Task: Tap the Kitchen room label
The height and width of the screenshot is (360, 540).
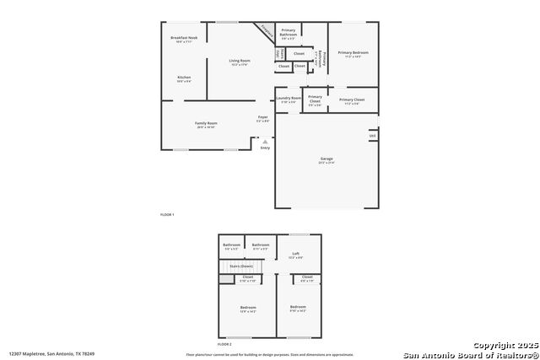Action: [x=184, y=78]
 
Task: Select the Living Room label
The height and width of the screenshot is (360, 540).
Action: [x=240, y=61]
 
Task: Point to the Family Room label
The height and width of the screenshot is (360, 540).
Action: [x=207, y=123]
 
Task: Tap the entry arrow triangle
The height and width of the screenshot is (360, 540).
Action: [x=265, y=141]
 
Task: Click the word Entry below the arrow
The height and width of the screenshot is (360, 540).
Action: [x=265, y=148]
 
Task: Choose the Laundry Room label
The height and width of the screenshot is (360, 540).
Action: [x=289, y=99]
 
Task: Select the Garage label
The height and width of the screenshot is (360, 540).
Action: [x=326, y=159]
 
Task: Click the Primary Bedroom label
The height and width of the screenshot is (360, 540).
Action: [x=354, y=53]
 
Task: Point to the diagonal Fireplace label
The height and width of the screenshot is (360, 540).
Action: [x=267, y=32]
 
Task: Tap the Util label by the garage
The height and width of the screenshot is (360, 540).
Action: [x=372, y=135]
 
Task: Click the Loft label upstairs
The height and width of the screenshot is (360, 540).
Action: [x=295, y=254]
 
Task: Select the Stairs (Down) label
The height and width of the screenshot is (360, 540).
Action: [x=241, y=266]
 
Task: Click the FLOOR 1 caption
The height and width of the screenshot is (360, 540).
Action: [x=167, y=215]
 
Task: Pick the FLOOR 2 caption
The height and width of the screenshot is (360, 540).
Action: [x=224, y=345]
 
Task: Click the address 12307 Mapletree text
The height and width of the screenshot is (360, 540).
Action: [x=52, y=354]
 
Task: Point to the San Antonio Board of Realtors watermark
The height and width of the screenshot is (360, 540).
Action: [x=470, y=354]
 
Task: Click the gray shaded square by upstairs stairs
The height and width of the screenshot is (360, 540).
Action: [x=226, y=279]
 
